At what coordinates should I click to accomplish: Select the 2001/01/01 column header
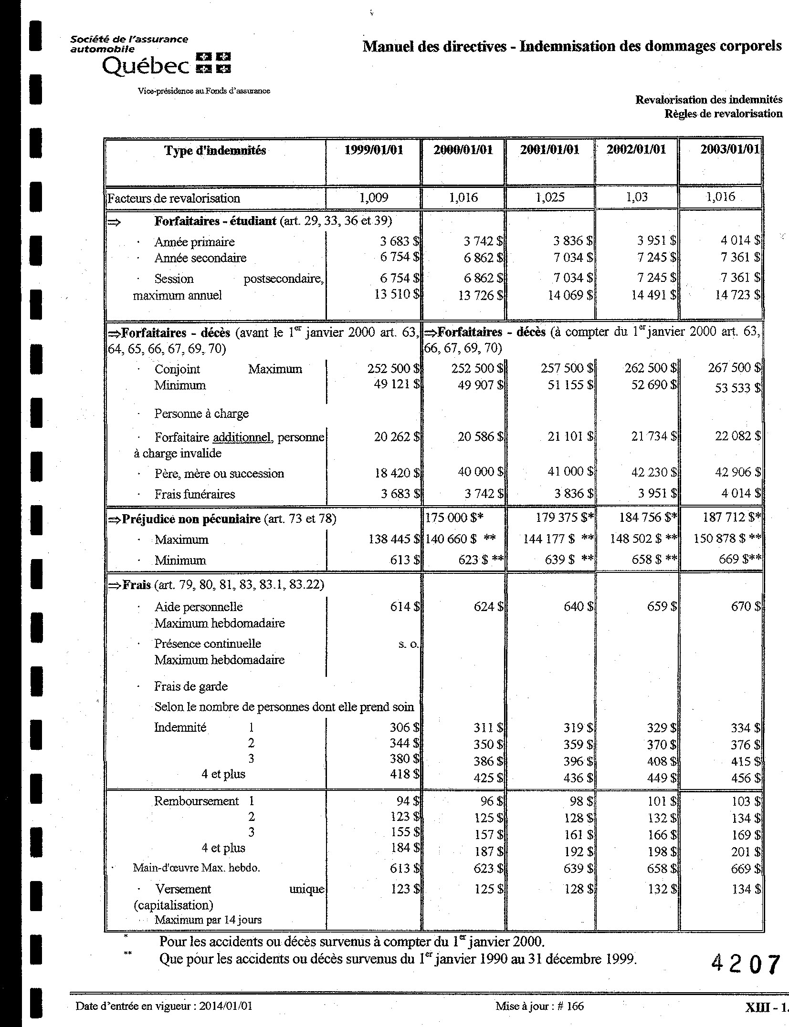(x=549, y=150)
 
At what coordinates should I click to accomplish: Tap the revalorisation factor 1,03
(x=637, y=197)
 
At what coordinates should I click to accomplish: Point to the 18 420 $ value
(x=397, y=473)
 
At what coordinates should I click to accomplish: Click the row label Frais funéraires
(x=194, y=494)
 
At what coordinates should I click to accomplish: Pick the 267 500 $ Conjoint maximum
(x=734, y=368)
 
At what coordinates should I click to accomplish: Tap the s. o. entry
(x=408, y=644)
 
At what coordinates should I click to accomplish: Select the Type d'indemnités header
(x=215, y=151)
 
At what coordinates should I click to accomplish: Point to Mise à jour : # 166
(x=539, y=1006)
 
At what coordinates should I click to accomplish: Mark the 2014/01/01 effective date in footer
(x=226, y=1006)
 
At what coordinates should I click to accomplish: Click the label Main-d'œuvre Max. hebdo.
(x=196, y=868)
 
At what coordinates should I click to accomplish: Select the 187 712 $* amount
(x=731, y=518)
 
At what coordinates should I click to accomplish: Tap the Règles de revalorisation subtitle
(x=723, y=114)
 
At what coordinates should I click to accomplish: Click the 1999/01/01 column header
(x=374, y=150)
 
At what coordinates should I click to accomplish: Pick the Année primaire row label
(x=194, y=242)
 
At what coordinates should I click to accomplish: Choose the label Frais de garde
(x=190, y=686)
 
